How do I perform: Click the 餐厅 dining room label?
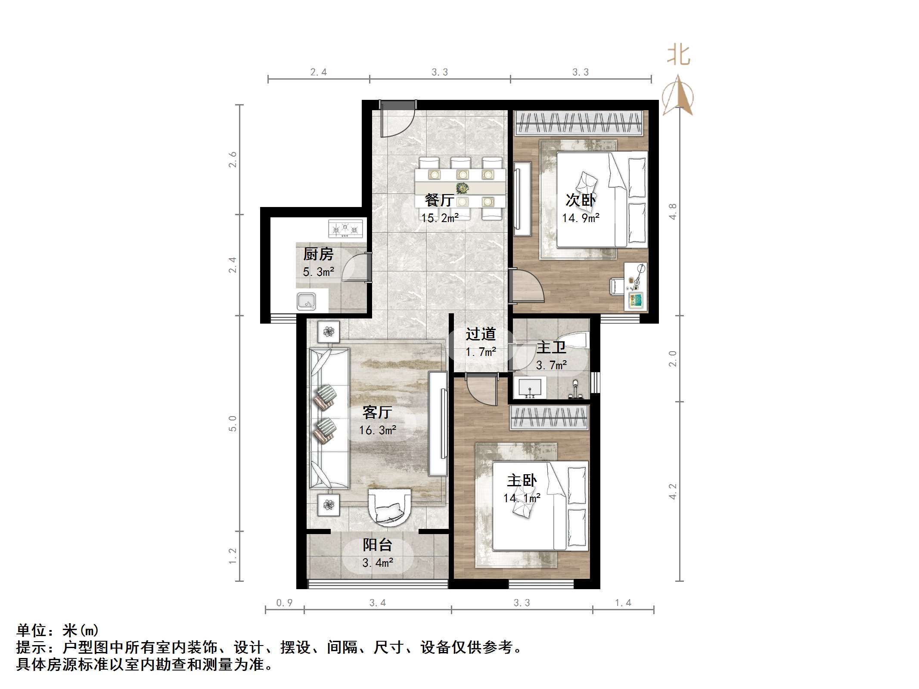(x=439, y=200)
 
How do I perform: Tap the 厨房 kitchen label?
(x=318, y=254)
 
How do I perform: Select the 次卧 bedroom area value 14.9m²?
(x=581, y=218)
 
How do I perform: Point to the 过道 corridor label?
(x=481, y=334)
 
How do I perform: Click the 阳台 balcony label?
(x=377, y=545)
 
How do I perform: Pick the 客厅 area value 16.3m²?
(x=378, y=430)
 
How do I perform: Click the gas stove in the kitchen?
(x=345, y=229)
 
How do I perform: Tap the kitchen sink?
(x=306, y=301)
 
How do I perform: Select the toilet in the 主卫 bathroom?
(x=573, y=340)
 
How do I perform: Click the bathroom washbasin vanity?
(x=530, y=388)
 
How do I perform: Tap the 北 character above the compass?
(x=679, y=56)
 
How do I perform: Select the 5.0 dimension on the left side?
(x=233, y=423)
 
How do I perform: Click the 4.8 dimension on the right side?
(x=672, y=211)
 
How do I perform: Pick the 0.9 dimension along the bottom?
(x=284, y=603)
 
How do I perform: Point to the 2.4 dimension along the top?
(x=319, y=72)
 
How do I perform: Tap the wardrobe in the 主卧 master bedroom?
(x=549, y=417)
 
